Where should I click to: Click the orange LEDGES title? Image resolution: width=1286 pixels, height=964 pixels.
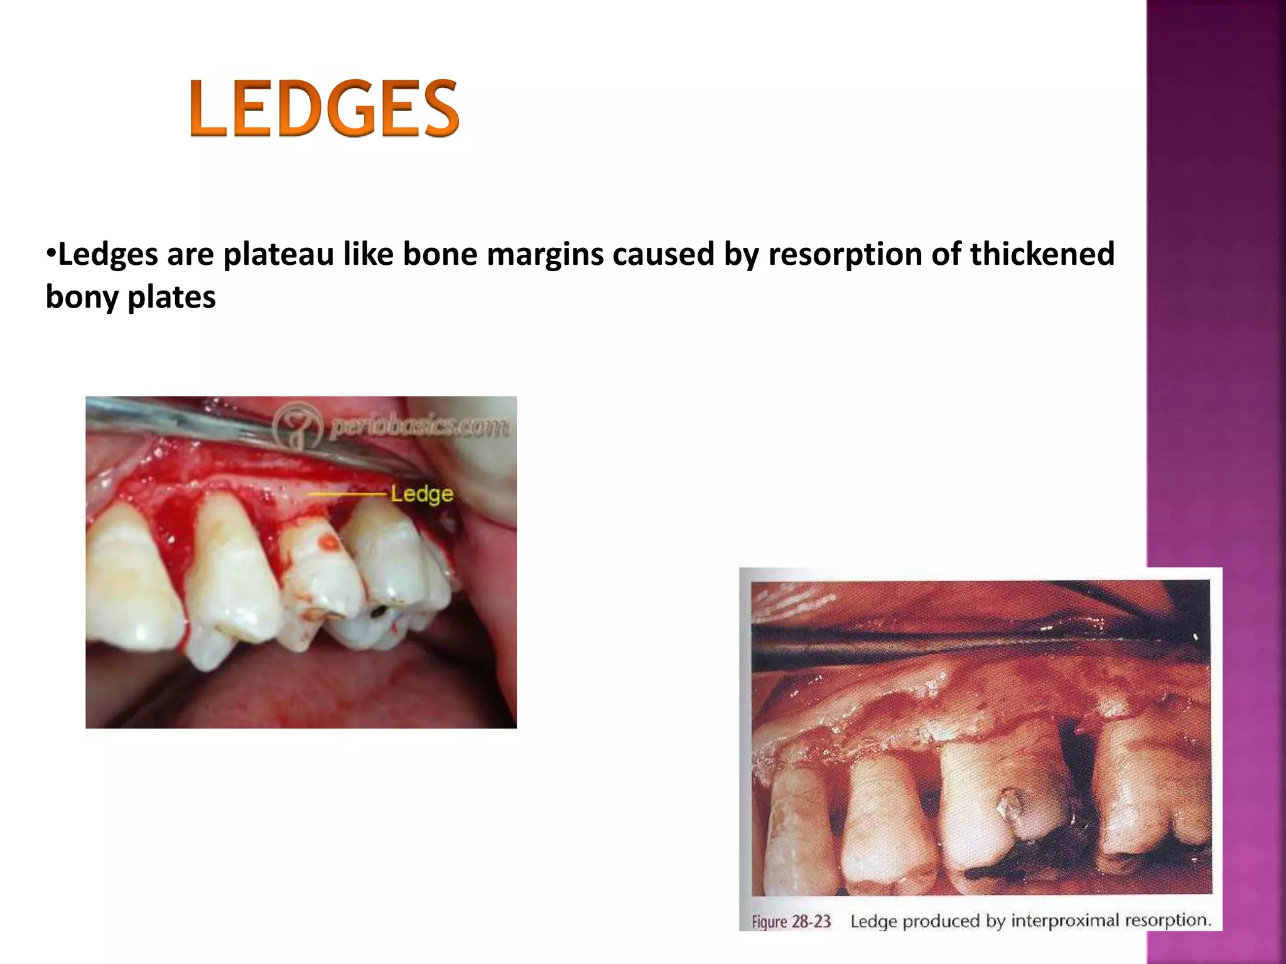tap(324, 108)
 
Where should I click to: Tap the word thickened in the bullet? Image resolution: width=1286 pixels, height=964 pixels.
tap(1042, 254)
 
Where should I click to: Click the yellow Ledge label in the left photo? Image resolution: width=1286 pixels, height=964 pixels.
tap(421, 494)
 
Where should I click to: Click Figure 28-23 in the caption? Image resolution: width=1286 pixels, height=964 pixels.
tap(791, 921)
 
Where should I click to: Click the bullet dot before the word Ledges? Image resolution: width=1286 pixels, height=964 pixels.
tap(51, 254)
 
